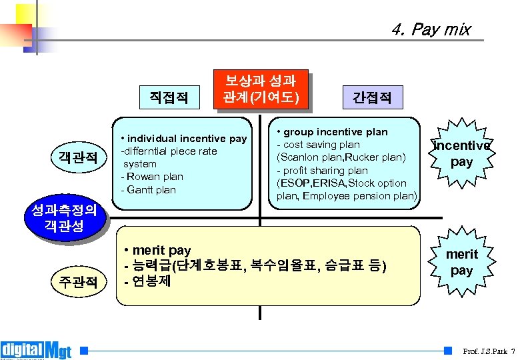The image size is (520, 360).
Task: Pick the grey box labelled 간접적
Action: [371, 98]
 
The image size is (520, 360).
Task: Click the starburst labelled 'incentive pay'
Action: [461, 153]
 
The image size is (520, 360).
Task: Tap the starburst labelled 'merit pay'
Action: [461, 262]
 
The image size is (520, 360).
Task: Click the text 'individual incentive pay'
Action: [187, 139]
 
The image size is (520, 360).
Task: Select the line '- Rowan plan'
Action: [152, 177]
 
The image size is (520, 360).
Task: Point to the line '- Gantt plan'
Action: [149, 189]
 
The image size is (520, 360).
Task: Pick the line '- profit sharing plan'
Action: [323, 171]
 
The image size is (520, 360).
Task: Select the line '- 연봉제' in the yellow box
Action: [148, 281]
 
